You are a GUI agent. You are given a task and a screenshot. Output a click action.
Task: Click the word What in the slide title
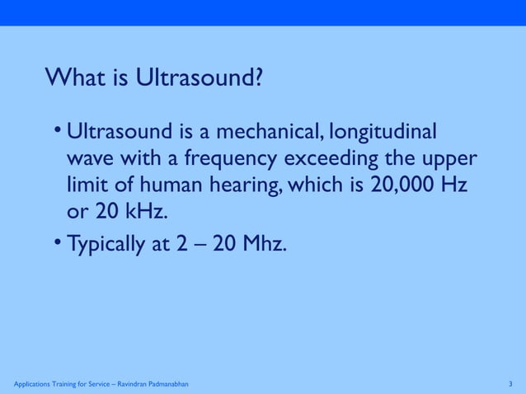[x=76, y=78]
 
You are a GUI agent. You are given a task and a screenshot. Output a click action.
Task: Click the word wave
[x=89, y=158]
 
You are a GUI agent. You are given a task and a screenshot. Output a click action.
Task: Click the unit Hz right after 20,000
[x=455, y=184]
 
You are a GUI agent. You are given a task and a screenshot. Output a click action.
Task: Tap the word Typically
[x=106, y=244]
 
